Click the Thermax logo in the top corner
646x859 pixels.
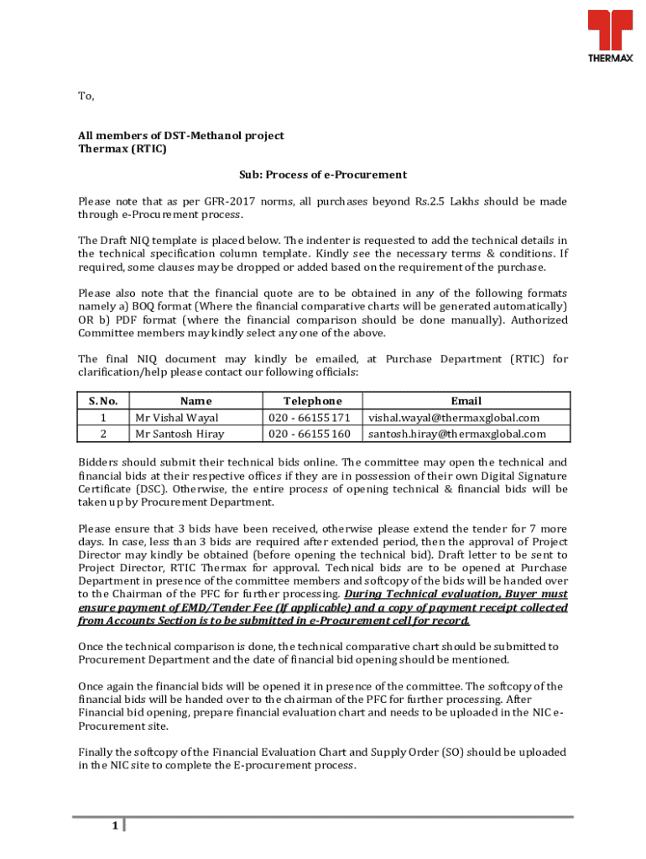(x=609, y=37)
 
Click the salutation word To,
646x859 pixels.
(x=86, y=96)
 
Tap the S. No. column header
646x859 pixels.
(x=103, y=401)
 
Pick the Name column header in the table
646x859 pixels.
(x=195, y=401)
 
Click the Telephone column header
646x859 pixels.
(x=312, y=401)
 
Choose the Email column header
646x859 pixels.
(x=466, y=401)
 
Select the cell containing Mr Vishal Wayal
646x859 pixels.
(x=177, y=417)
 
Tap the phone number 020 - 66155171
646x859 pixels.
(x=310, y=417)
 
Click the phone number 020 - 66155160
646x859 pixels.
(x=310, y=434)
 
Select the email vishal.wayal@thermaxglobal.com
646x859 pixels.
(x=454, y=417)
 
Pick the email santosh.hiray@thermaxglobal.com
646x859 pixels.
(x=457, y=434)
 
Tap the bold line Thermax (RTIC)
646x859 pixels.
(x=122, y=149)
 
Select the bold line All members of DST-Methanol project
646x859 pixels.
(x=181, y=135)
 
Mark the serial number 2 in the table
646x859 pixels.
(x=103, y=434)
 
